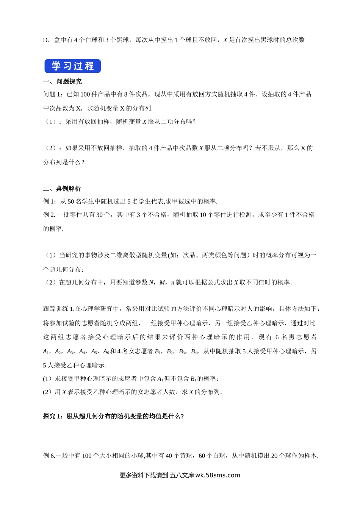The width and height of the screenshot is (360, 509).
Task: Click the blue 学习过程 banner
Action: coord(72,66)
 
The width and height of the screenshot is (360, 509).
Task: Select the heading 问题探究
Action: coord(69,81)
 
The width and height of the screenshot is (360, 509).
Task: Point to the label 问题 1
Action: coord(52,94)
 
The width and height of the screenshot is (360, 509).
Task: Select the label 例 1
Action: coord(49,201)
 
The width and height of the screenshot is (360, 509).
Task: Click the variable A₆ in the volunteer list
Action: coord(106,351)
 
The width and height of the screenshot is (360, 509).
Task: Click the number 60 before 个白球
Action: coord(202,456)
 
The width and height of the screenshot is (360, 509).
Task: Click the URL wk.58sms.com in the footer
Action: coord(218,475)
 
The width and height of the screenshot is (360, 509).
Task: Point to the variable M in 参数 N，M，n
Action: coord(163,282)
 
